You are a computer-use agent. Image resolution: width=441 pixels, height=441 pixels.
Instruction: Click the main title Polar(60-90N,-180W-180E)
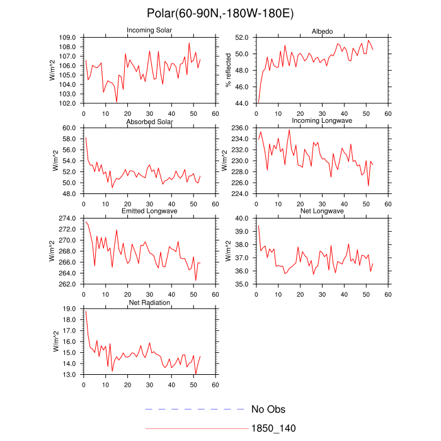[220, 13]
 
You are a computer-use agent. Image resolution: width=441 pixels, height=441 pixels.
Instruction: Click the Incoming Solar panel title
[151, 30]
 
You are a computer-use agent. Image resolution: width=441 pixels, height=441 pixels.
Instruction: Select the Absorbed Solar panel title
[151, 121]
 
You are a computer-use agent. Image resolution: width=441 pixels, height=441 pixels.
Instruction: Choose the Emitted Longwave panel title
[151, 211]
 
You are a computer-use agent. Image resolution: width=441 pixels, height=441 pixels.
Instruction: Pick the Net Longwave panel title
[322, 211]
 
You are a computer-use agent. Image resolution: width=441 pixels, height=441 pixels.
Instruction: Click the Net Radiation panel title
[150, 302]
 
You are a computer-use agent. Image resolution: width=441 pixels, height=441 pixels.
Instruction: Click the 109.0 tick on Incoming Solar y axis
[67, 38]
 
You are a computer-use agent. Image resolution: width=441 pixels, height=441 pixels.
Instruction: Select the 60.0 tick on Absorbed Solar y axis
[69, 128]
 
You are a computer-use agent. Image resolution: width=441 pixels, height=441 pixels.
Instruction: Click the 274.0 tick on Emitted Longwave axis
[67, 219]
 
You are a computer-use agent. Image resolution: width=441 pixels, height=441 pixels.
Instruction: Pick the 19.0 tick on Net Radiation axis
[69, 309]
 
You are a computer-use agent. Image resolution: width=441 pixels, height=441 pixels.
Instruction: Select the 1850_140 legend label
[273, 428]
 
